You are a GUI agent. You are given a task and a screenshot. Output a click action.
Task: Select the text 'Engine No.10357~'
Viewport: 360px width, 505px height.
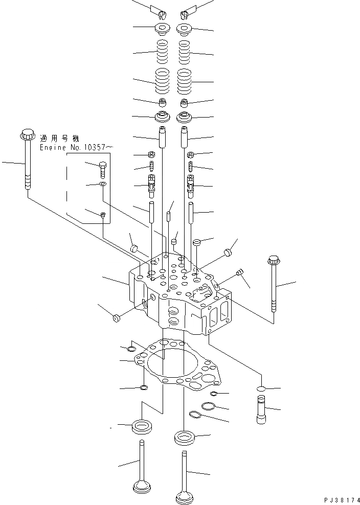(x=74, y=147)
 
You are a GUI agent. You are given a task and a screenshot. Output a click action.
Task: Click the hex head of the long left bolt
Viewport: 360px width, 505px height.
(x=27, y=135)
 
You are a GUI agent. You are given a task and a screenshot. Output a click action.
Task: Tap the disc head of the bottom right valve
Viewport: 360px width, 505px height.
(x=184, y=496)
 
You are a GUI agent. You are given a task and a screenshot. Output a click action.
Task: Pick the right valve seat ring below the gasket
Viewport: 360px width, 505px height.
(x=183, y=438)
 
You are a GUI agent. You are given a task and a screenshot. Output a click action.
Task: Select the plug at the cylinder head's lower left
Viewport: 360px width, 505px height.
(x=116, y=319)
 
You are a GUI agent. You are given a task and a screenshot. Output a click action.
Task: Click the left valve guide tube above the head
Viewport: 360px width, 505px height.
(x=163, y=136)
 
